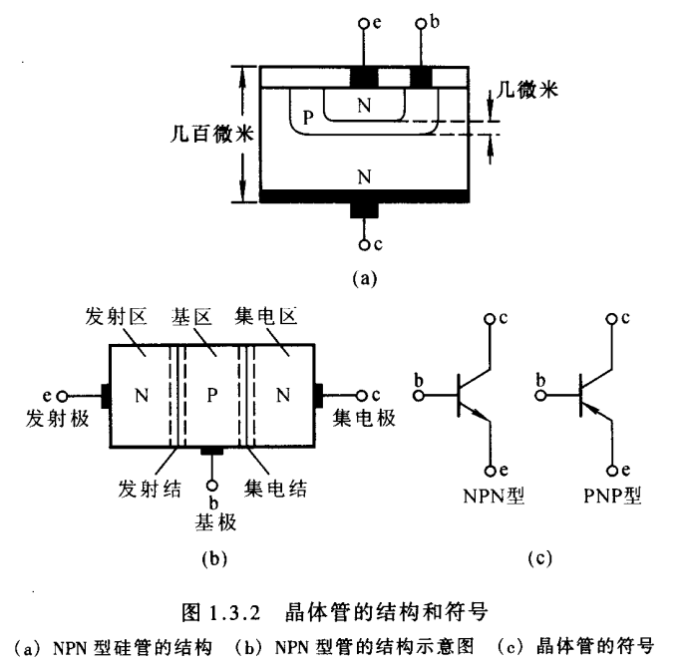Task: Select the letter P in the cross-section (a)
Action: (x=309, y=118)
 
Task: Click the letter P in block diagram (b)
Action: (x=212, y=394)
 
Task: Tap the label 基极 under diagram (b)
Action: (x=211, y=520)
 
